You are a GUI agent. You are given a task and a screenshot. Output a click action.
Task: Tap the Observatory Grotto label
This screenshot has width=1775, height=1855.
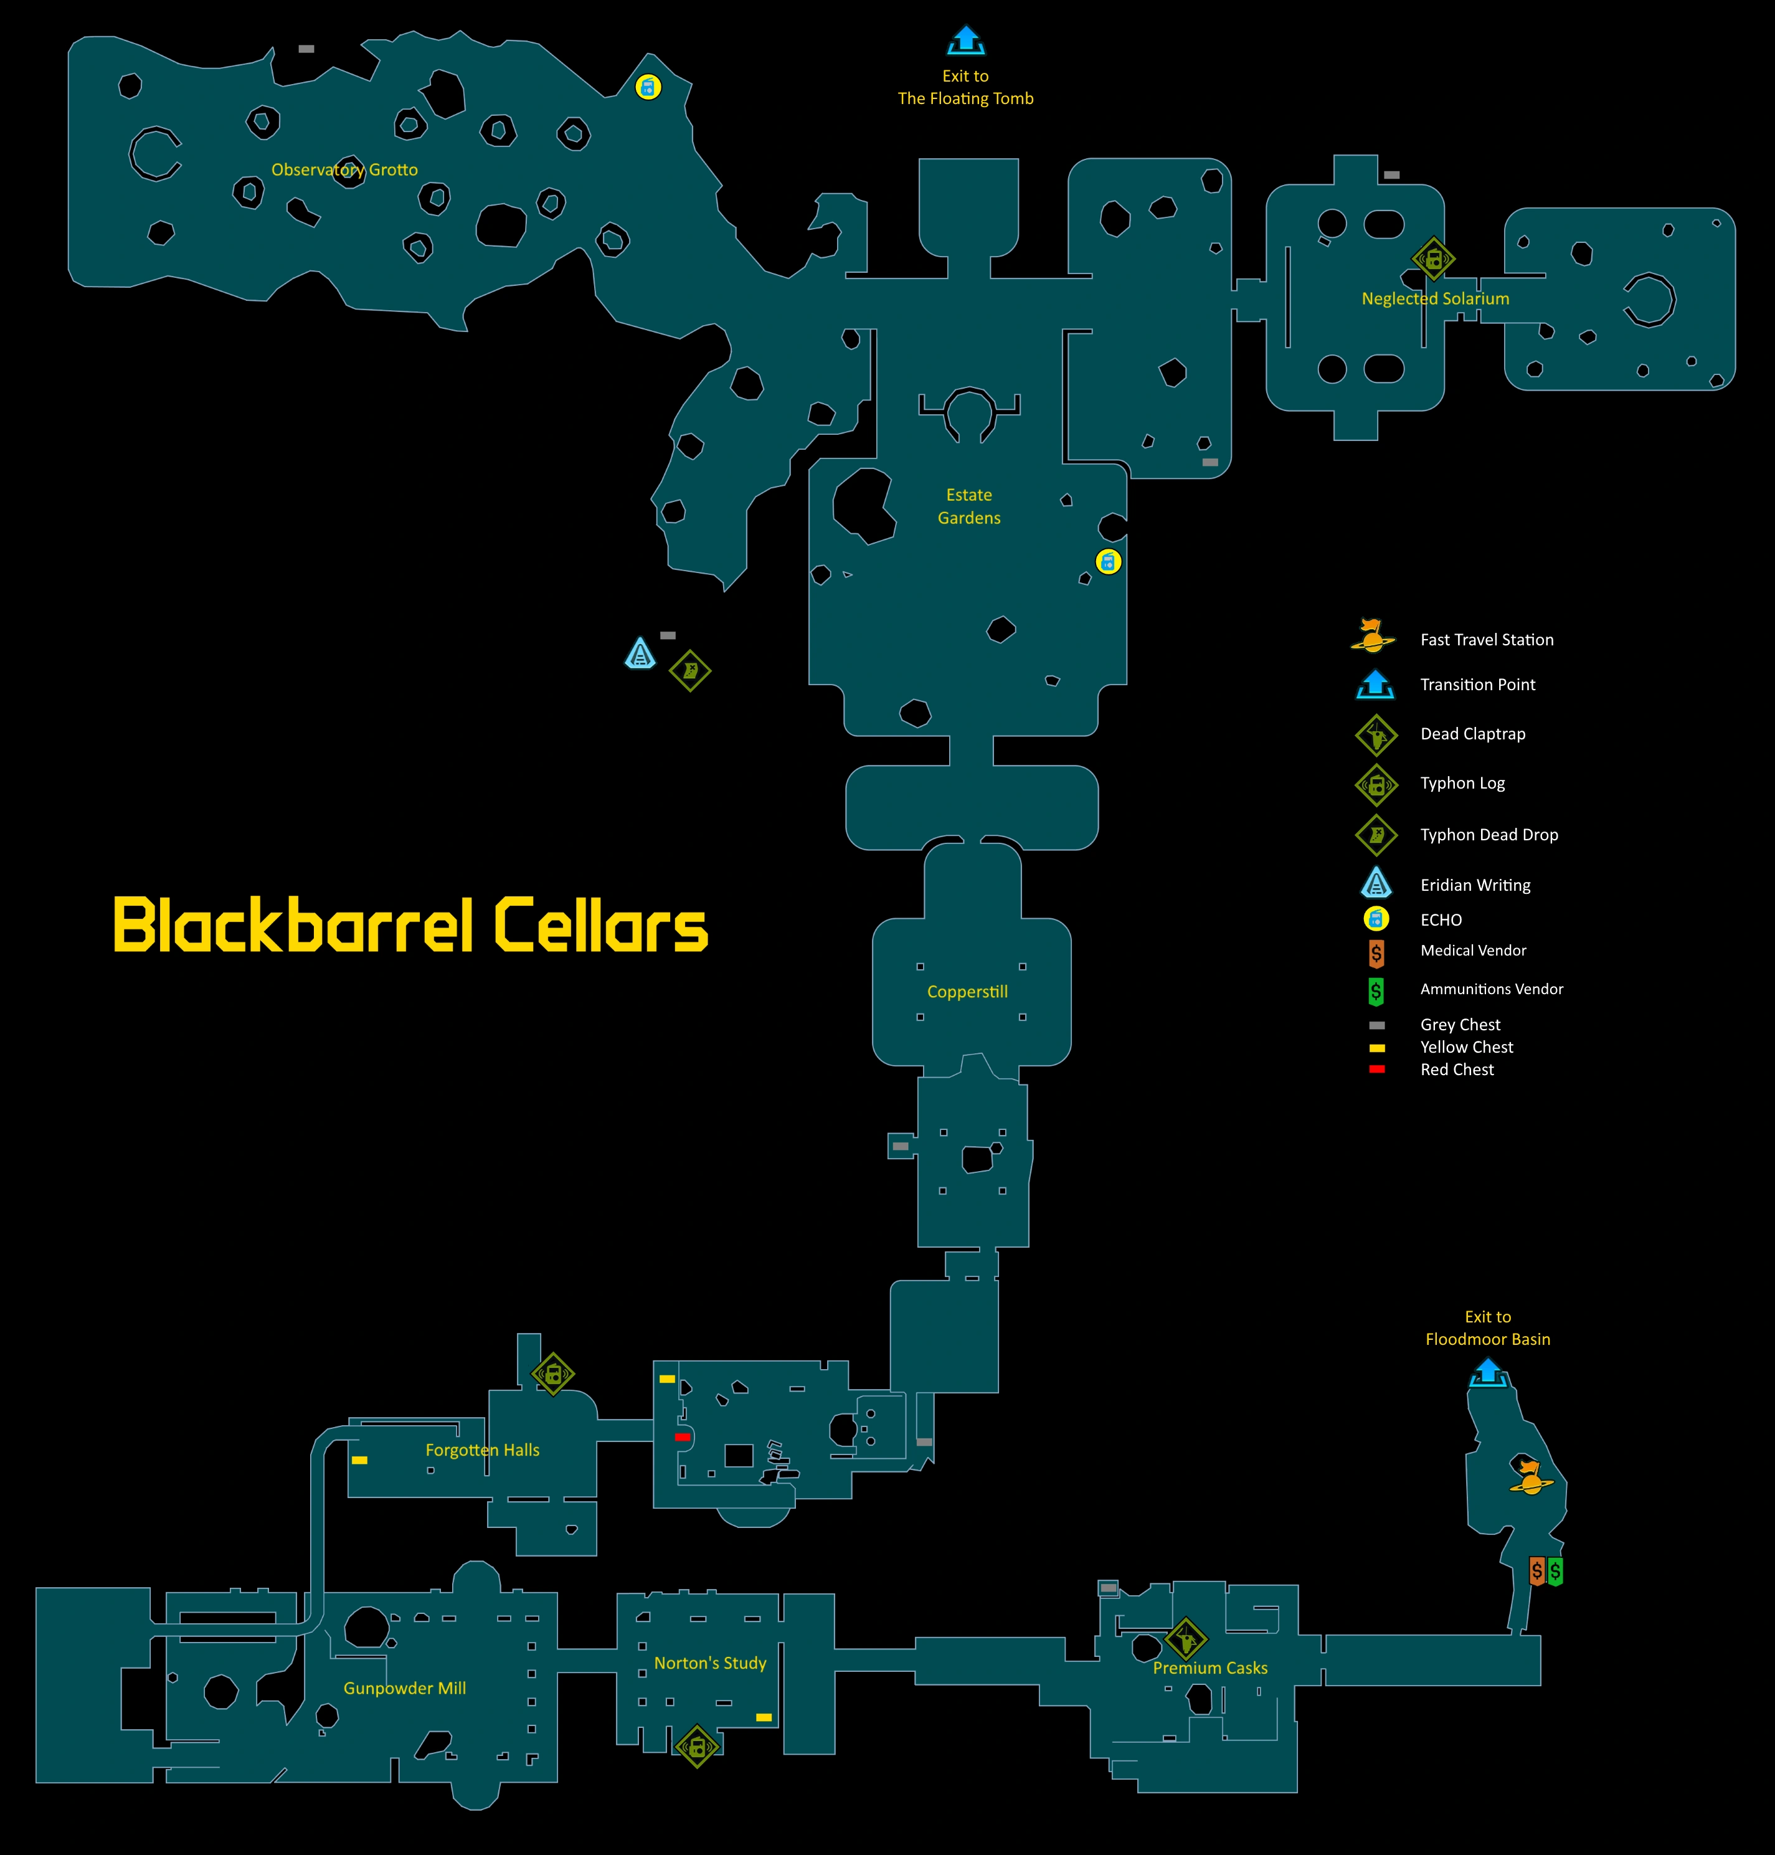[344, 170]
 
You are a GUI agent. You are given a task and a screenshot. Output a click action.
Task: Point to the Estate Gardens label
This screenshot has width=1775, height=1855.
[969, 506]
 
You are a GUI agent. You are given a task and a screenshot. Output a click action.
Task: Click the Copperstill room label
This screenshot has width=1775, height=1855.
[967, 992]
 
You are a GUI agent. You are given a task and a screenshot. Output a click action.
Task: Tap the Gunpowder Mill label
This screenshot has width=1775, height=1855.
[404, 1689]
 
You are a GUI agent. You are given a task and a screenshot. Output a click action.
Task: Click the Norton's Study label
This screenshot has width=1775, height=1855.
[709, 1663]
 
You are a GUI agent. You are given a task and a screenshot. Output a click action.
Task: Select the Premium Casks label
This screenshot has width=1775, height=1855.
[1209, 1668]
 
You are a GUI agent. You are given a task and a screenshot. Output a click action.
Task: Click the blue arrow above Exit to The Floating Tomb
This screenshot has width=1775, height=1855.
[965, 40]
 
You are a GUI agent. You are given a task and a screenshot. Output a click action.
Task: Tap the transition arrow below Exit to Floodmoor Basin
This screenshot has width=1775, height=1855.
[1487, 1372]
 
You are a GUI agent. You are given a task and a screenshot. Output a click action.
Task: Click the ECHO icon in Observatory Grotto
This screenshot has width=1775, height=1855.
[648, 88]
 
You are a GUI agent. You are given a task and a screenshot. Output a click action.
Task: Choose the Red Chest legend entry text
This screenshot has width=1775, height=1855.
[1456, 1070]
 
